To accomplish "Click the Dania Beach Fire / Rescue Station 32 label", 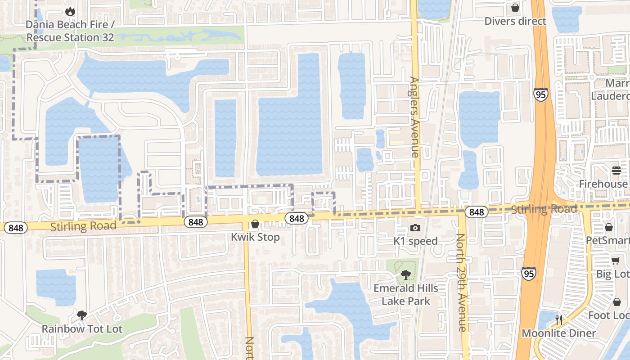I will [70, 31].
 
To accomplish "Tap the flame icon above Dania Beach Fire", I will [70, 11].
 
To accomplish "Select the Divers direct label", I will [515, 21].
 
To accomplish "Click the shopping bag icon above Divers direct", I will [515, 8].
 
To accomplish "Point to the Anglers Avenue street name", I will [414, 117].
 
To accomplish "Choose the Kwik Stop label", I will [255, 237].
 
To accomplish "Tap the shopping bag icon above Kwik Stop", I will [255, 224].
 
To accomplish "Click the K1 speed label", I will [415, 241].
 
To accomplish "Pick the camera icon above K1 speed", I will [415, 228].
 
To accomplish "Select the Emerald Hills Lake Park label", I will [406, 294].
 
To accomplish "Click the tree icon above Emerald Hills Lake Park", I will [406, 274].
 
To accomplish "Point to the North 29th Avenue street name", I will [462, 283].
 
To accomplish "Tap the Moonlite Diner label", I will [558, 333].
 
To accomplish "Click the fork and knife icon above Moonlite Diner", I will [558, 320].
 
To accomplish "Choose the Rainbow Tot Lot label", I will [82, 329].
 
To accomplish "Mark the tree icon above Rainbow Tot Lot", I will [82, 315].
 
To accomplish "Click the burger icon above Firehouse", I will [616, 171].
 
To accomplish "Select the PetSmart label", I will [607, 241].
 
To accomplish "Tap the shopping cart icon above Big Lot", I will [615, 261].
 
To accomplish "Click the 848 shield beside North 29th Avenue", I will [476, 212].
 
